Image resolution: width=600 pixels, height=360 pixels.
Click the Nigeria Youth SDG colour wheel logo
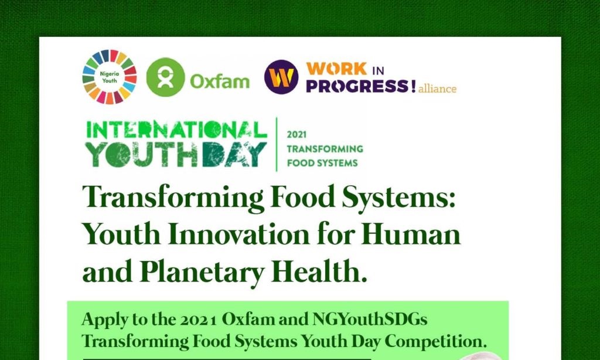(110, 77)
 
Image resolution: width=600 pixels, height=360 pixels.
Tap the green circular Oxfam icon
(165, 77)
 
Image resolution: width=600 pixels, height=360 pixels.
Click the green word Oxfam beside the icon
(220, 81)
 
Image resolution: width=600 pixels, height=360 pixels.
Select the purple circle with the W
(281, 77)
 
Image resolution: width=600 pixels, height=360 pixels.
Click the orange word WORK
(337, 69)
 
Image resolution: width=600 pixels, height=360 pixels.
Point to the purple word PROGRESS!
(361, 86)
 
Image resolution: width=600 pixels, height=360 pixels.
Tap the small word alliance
(437, 89)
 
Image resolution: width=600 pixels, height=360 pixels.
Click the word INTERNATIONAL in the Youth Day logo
(176, 130)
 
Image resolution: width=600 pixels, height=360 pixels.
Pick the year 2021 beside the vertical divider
(296, 135)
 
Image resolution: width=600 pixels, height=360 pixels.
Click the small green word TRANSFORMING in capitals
(325, 148)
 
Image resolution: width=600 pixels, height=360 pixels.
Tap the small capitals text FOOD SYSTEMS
(322, 163)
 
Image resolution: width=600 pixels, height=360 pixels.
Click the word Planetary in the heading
(202, 273)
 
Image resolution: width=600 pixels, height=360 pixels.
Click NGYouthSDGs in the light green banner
(370, 319)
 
